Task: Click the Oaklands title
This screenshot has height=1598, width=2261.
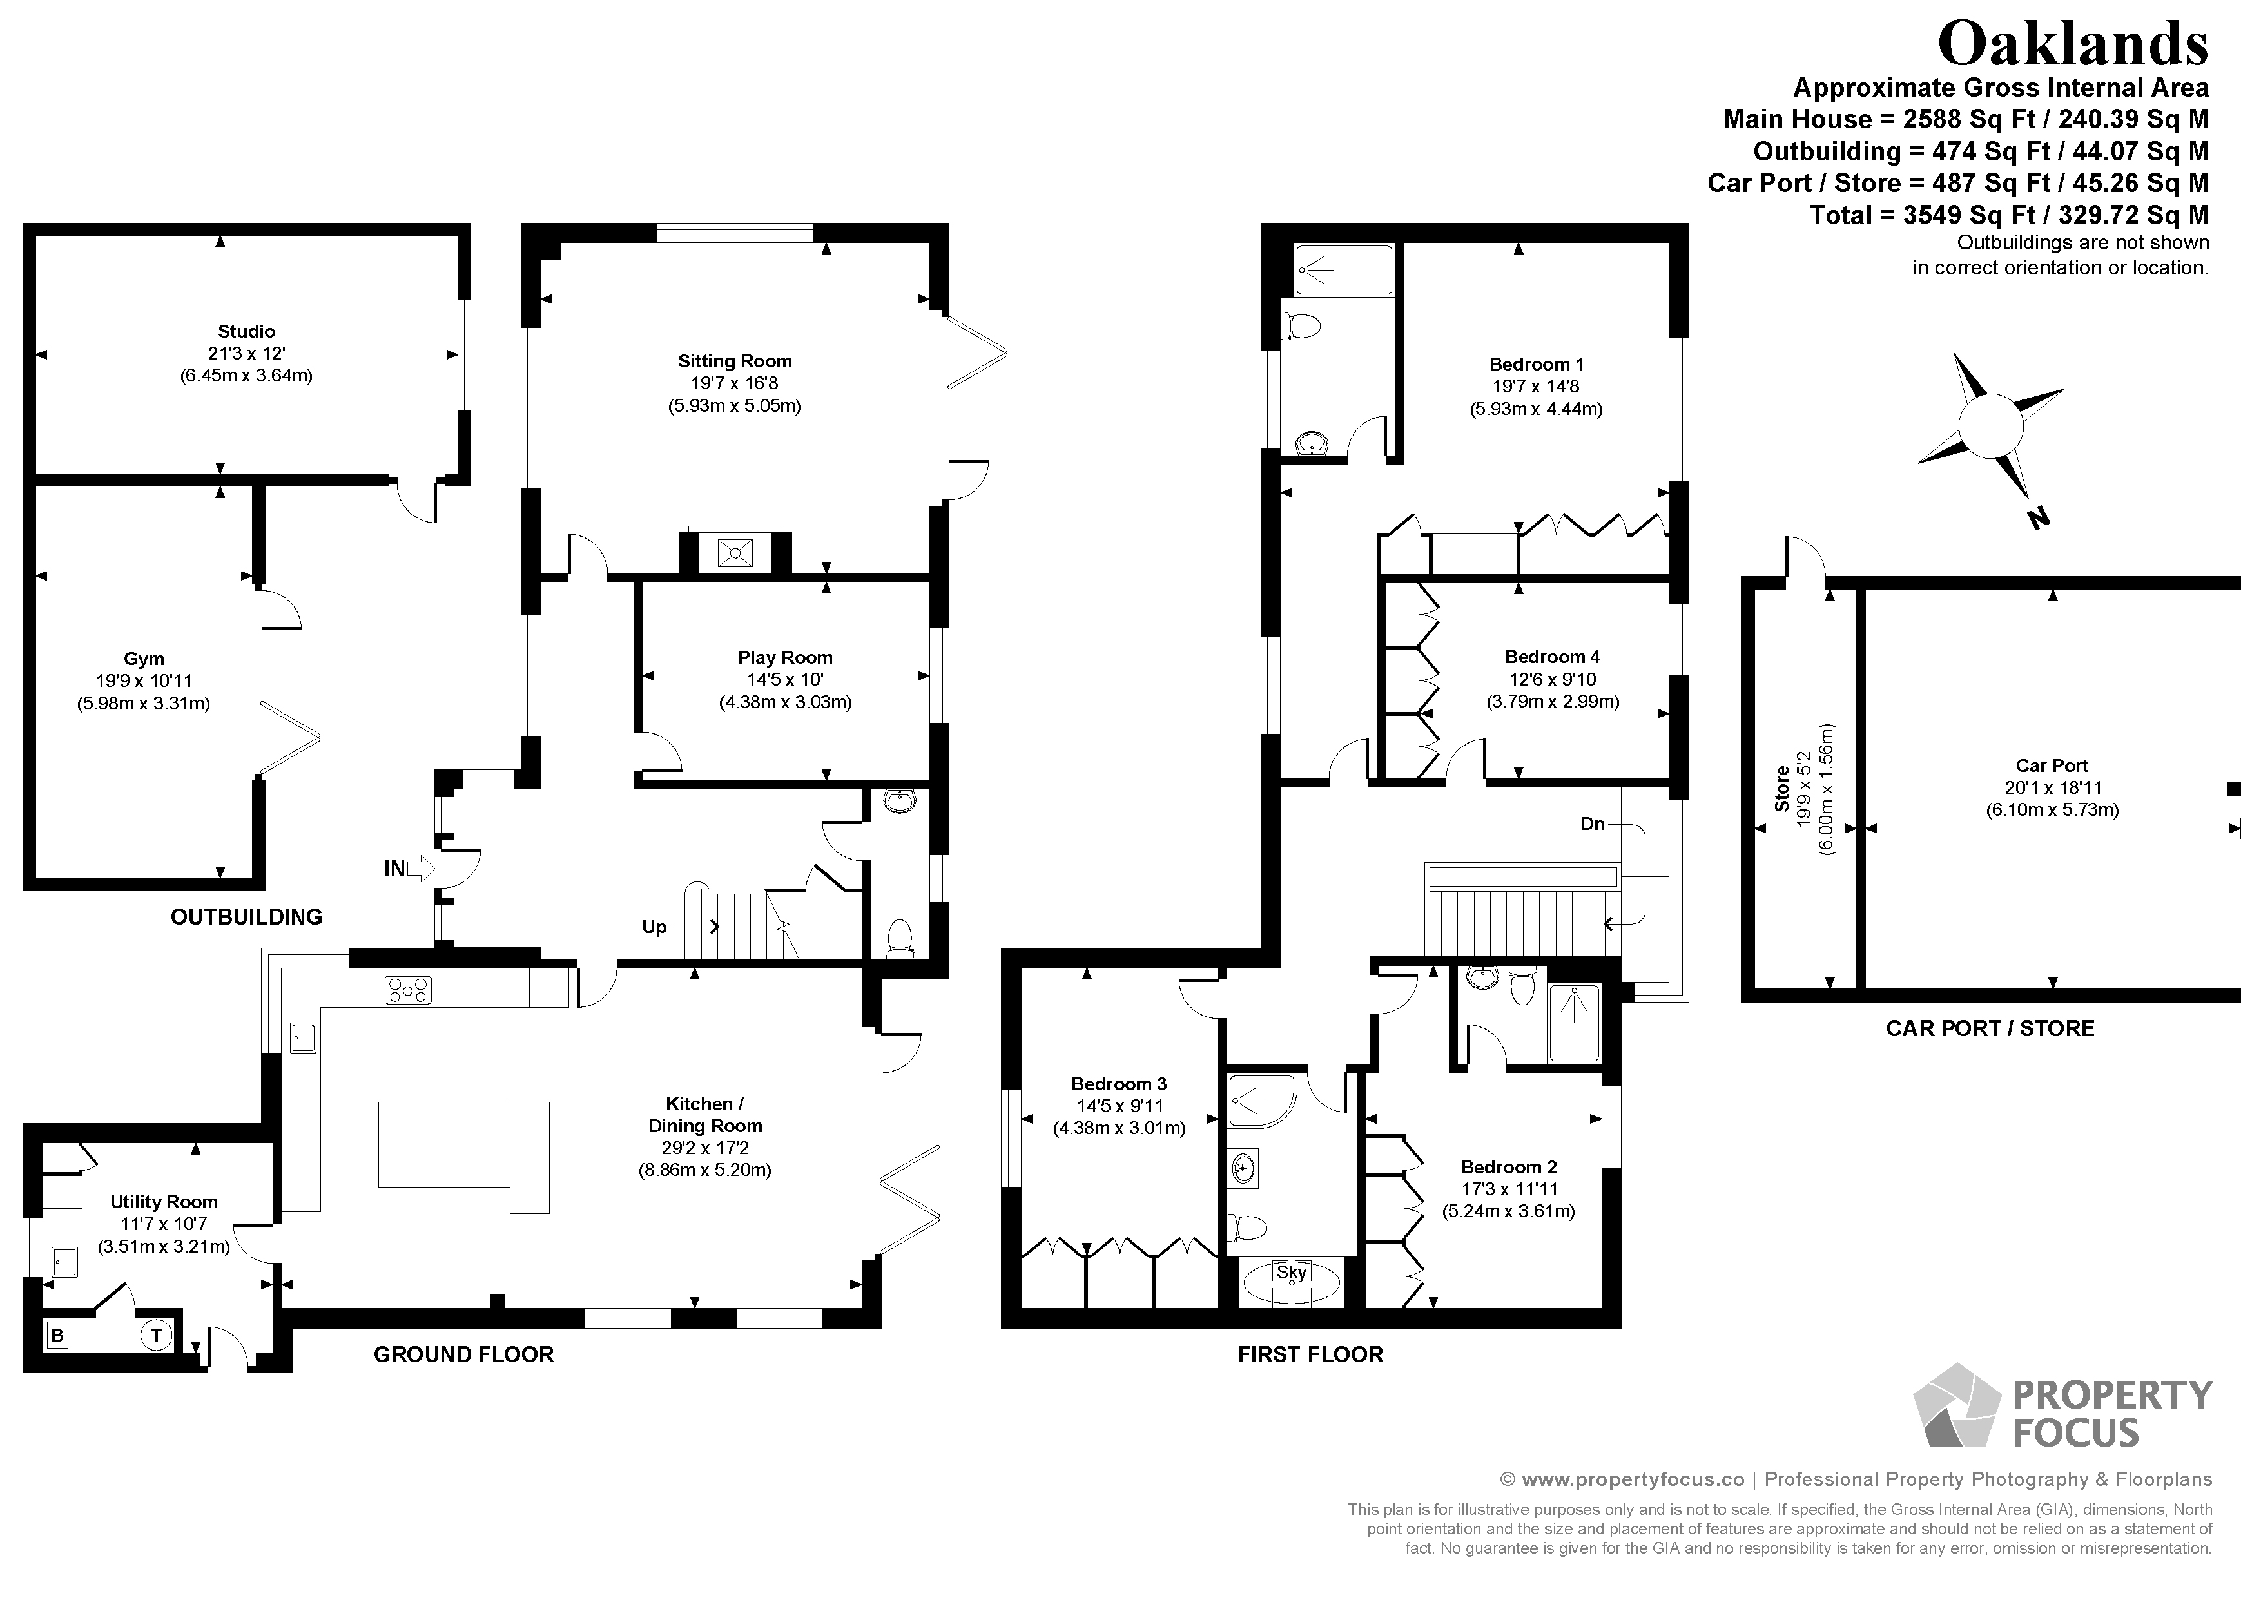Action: click(2073, 44)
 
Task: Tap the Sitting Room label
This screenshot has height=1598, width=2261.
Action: click(735, 361)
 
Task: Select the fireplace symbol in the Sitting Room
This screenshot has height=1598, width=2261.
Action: click(735, 554)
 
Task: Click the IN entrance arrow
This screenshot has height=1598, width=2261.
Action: click(409, 869)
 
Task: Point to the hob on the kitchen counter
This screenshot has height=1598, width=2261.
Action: click(408, 990)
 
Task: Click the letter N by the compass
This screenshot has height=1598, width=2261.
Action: click(2039, 518)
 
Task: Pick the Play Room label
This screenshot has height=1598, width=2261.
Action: click(785, 658)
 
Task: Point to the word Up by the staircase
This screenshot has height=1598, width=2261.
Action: click(654, 927)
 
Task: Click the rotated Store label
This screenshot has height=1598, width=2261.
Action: click(1782, 789)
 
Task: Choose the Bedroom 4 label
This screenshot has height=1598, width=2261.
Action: click(1552, 657)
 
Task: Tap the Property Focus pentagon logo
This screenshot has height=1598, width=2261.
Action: click(1957, 1406)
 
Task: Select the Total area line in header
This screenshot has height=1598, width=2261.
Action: click(2009, 215)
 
